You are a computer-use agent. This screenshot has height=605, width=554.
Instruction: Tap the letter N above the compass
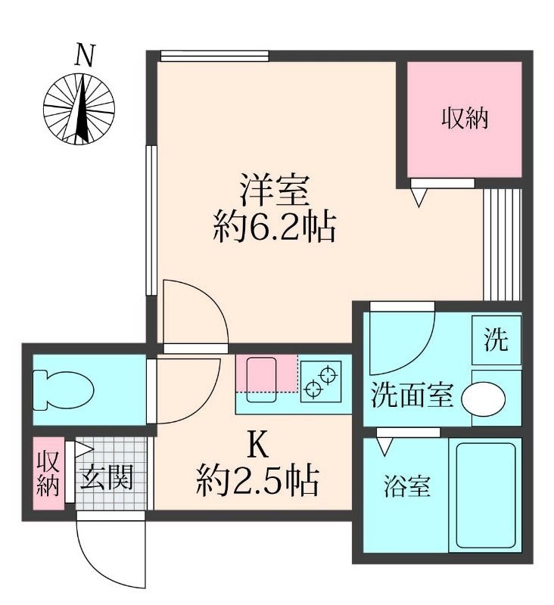(85, 55)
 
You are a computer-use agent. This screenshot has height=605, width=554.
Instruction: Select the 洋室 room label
(275, 191)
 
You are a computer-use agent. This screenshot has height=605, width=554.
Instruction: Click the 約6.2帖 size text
(275, 228)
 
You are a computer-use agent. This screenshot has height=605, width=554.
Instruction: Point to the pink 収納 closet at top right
(465, 119)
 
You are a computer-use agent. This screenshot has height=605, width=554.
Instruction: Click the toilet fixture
(64, 390)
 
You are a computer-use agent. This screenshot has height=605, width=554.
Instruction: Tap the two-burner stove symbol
(321, 381)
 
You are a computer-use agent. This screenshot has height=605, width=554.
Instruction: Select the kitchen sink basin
(261, 380)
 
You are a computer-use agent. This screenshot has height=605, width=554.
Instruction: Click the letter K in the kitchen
(257, 446)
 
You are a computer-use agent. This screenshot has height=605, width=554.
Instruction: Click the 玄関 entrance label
(107, 477)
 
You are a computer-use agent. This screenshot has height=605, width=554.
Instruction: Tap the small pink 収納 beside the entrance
(48, 473)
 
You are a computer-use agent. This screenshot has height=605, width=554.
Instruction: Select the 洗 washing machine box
(496, 340)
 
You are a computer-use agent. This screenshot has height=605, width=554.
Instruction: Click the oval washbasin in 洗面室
(484, 399)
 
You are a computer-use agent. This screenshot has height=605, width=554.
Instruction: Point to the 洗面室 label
(412, 396)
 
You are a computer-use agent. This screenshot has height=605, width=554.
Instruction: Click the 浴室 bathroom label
(407, 486)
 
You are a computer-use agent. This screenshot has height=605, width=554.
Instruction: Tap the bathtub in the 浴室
(486, 495)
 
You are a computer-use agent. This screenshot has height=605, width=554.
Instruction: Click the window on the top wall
(214, 56)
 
